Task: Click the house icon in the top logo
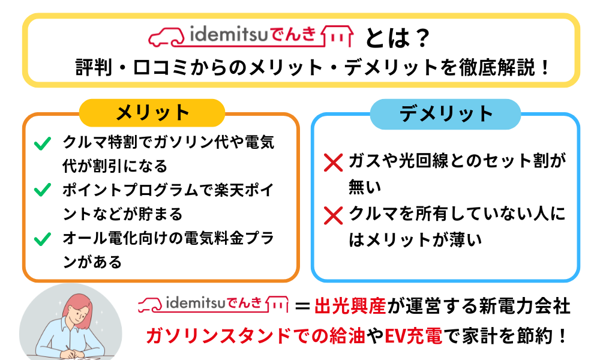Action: point(337,37)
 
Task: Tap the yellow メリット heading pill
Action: point(152,113)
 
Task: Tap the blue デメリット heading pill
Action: point(445,114)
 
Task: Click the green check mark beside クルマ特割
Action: point(43,143)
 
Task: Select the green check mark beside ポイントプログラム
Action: point(43,190)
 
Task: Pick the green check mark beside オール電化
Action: point(43,239)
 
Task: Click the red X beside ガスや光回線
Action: point(333,163)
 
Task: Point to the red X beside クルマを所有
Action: point(333,215)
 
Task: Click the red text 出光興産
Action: point(350,307)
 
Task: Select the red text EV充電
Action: point(413,336)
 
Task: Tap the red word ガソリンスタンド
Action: point(219,336)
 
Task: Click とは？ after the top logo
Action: point(398,38)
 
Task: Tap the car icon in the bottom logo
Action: point(151,305)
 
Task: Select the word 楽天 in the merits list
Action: point(229,190)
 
